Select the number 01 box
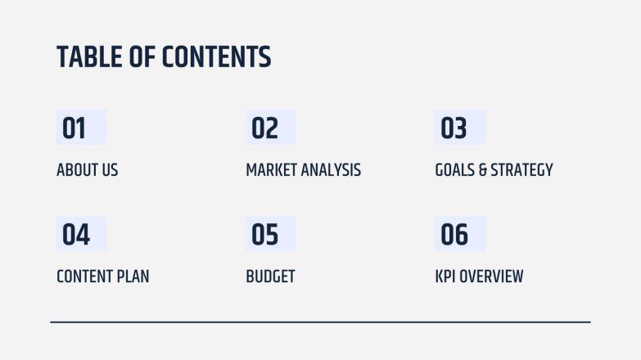[81, 128]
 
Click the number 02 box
[270, 128]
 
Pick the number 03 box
[459, 128]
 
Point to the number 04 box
[81, 235]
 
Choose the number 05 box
[270, 235]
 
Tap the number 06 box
[459, 235]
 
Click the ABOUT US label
[87, 170]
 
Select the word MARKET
[271, 170]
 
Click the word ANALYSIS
[331, 170]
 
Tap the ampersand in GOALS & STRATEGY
[483, 170]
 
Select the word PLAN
[134, 277]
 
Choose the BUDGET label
[270, 277]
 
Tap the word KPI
[445, 277]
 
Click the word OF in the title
[141, 57]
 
